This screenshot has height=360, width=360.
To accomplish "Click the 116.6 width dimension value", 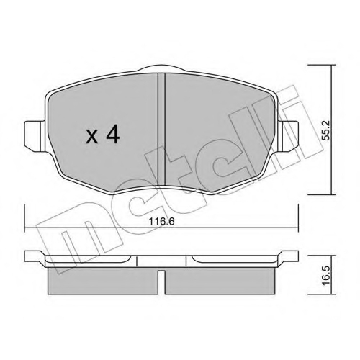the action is tap(161, 221).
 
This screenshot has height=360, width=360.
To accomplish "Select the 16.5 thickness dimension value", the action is tap(326, 274).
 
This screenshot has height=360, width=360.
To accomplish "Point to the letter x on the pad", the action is tap(92, 138).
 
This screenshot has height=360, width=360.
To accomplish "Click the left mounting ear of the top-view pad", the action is tap(35, 136).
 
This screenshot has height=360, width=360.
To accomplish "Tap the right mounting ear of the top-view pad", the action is tap(290, 136).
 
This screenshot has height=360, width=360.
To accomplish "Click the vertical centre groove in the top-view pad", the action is tap(161, 130).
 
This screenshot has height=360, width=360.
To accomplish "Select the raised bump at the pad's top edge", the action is tap(162, 69).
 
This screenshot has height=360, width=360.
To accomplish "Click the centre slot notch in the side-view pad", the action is tap(161, 282).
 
